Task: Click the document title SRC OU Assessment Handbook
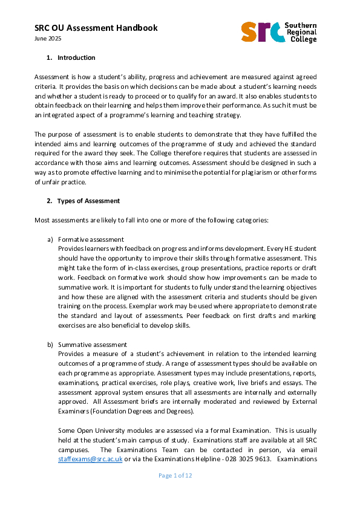(x=87, y=28)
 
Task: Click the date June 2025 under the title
(x=48, y=39)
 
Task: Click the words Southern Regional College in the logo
(x=303, y=31)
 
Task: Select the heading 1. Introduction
(x=71, y=58)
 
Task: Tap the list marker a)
(x=50, y=240)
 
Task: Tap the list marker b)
(x=50, y=345)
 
